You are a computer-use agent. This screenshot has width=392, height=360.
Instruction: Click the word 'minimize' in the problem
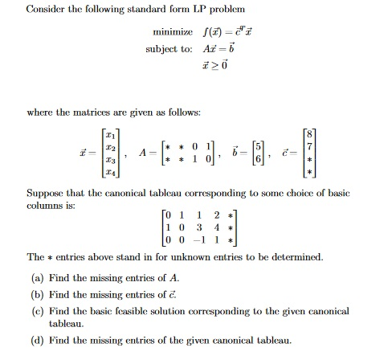173,31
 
